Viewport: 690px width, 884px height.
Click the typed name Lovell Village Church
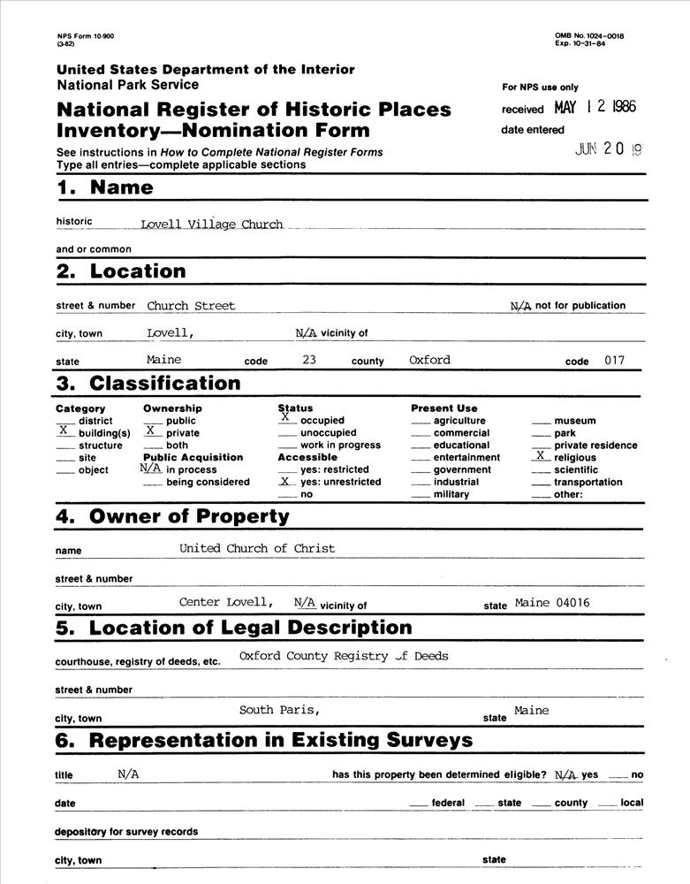(x=211, y=225)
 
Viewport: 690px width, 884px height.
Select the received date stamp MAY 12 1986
(x=595, y=108)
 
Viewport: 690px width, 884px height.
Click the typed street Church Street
(x=191, y=306)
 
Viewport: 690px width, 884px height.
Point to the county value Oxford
(x=429, y=360)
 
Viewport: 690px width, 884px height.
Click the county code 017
(x=615, y=361)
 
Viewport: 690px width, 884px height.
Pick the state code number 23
(x=308, y=360)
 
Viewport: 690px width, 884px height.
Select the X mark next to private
(x=151, y=432)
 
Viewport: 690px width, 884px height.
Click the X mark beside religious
(x=540, y=456)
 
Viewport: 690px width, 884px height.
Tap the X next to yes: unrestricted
(x=284, y=482)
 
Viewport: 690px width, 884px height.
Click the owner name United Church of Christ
(x=257, y=548)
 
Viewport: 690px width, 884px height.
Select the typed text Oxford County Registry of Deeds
(x=344, y=656)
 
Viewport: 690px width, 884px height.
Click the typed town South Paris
(x=278, y=710)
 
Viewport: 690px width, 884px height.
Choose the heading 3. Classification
(x=148, y=384)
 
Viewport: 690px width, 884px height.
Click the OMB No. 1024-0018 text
(x=589, y=35)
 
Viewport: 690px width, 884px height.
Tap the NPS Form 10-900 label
(x=79, y=35)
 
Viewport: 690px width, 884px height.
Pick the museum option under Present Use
(x=574, y=421)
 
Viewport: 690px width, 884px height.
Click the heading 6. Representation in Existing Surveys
(x=264, y=740)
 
